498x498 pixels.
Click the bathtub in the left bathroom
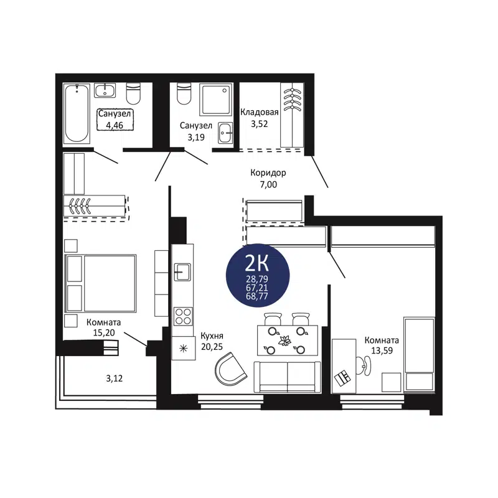[x=77, y=113]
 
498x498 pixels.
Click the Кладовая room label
[x=259, y=112]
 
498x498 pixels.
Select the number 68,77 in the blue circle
[x=258, y=295]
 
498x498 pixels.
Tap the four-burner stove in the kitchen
[x=182, y=316]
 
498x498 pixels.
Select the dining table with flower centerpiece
[x=287, y=341]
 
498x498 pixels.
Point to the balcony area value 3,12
[x=113, y=377]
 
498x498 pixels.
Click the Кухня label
[x=212, y=336]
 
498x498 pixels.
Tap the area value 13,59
[x=382, y=350]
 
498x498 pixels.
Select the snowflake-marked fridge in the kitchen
[x=183, y=347]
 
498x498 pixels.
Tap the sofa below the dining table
[x=287, y=376]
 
